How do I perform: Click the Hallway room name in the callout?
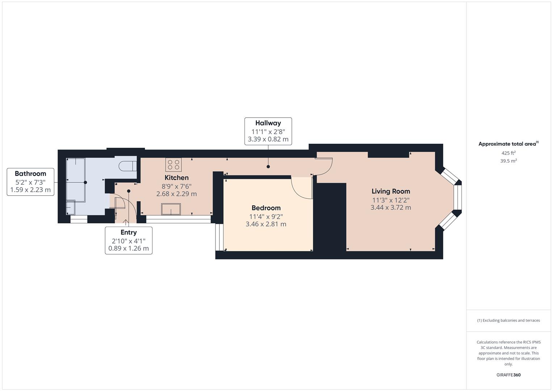pos(268,123)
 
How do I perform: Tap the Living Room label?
pos(391,192)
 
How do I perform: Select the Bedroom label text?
pos(266,208)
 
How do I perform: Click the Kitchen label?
pos(176,178)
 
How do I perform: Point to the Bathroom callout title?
pos(30,174)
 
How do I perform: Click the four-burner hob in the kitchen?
pos(173,165)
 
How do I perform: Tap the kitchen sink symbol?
pos(171,209)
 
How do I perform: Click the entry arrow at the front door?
pos(126,222)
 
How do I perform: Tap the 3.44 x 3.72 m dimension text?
pos(391,207)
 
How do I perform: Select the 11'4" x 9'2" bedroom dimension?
pos(266,217)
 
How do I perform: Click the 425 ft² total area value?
pos(508,153)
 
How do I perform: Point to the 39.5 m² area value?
pos(508,161)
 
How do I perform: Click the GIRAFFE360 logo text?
pos(508,375)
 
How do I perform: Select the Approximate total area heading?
pos(507,144)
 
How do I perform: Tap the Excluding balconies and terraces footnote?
pos(508,320)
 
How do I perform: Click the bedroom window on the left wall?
pos(219,237)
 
